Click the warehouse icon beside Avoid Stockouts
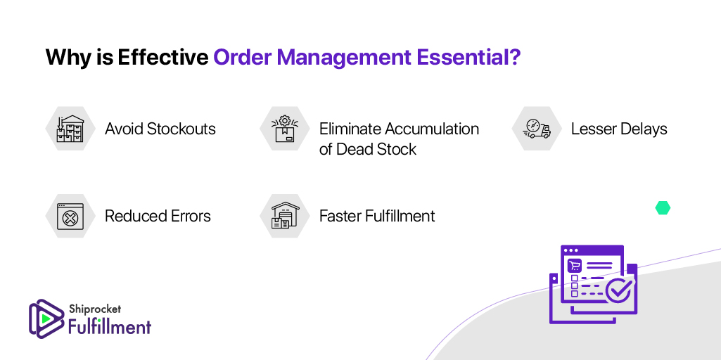coord(70,129)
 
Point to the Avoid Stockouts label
coord(160,129)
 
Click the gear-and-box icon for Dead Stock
coord(285,129)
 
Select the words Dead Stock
coord(376,149)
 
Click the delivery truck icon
coord(537,129)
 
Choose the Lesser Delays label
coord(619,129)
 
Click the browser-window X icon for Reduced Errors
coord(70,216)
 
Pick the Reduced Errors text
coord(158,216)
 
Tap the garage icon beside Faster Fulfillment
coord(285,216)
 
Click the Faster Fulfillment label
coord(377,216)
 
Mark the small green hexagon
coord(663,208)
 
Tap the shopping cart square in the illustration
coord(575,265)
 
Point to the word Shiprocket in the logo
coord(94,310)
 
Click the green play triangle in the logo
coord(45,318)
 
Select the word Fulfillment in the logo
coord(110,327)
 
